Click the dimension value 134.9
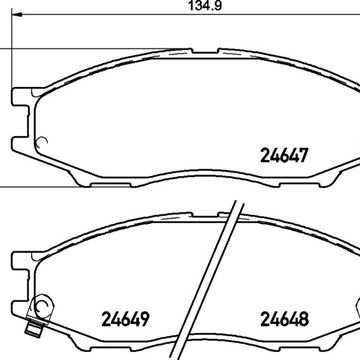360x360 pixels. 205,5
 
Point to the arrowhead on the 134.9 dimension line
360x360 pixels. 17,15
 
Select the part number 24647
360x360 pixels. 284,155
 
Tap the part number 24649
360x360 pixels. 125,319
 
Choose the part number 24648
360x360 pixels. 284,319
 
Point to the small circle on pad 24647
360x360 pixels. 43,142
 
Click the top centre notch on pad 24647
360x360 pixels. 205,52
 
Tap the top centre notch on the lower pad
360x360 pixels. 205,214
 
